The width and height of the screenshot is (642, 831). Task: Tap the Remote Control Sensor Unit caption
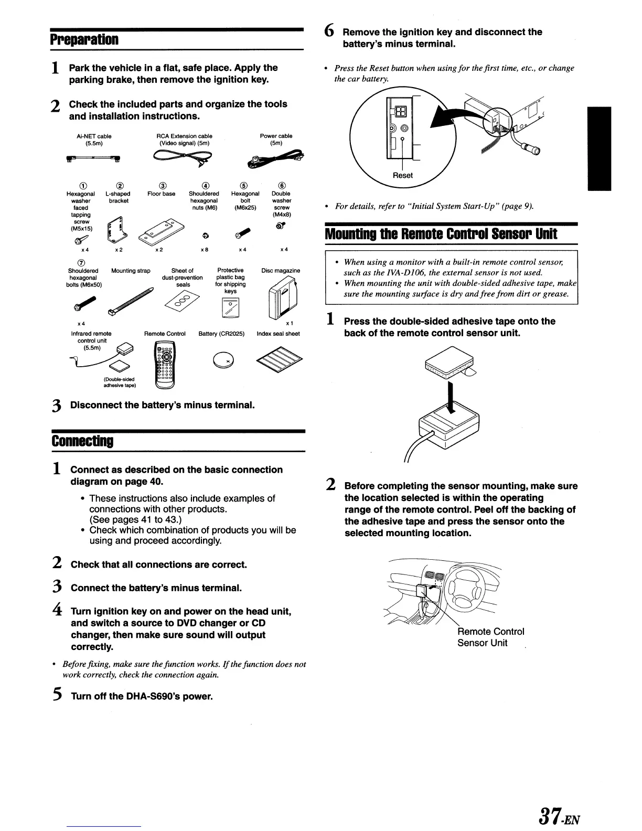pos(490,637)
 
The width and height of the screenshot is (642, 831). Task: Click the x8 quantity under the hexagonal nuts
pos(205,250)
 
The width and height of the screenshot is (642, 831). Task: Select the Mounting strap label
pos(131,271)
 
